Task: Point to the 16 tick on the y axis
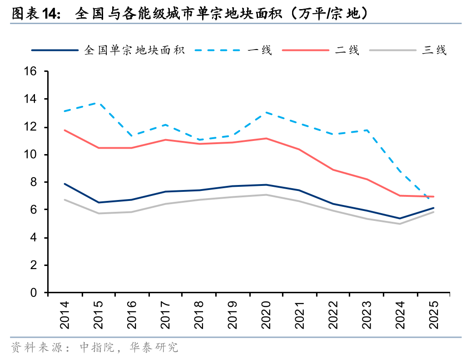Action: (30, 71)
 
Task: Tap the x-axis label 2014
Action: (65, 315)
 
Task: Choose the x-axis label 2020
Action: (266, 315)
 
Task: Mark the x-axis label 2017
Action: (166, 315)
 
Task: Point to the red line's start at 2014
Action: (65, 130)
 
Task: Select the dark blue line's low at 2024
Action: (399, 218)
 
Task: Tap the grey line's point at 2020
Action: (266, 195)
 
